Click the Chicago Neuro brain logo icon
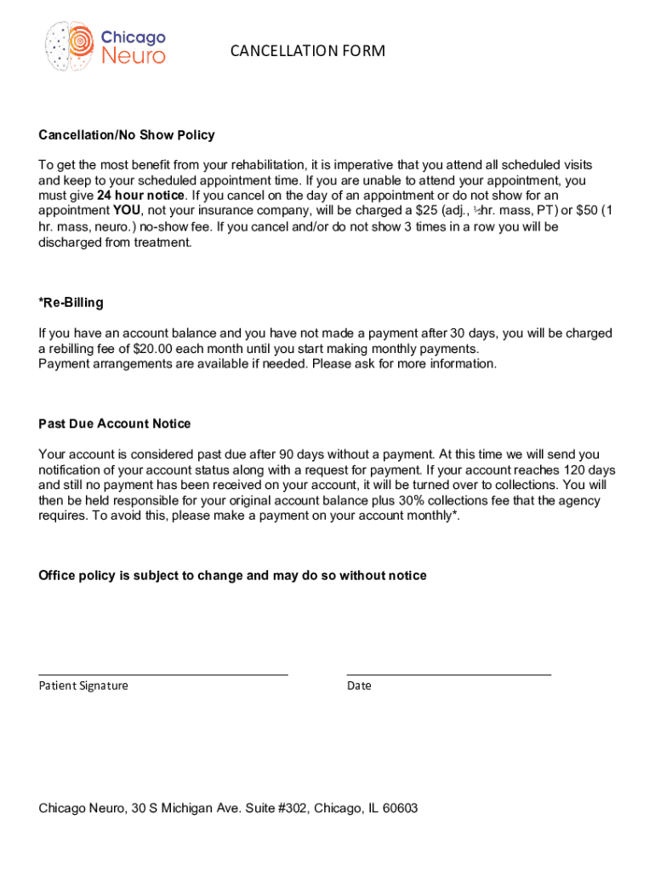70,46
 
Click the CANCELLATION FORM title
307,52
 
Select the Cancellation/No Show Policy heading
127,135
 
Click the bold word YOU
126,211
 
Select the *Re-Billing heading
71,303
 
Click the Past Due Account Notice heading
115,424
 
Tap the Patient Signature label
83,686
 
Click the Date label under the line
359,686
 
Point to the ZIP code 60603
398,808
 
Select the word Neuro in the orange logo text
134,56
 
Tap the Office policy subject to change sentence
232,576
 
